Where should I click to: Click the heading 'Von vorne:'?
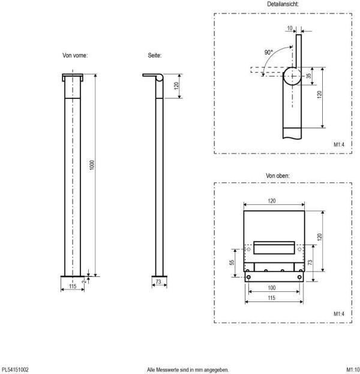coord(76,55)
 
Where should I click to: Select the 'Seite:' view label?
coord(155,55)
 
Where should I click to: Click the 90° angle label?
coord(268,52)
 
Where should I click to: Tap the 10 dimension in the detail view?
coord(290,27)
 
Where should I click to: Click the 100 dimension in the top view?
coord(272,288)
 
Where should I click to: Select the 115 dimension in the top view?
coord(272,298)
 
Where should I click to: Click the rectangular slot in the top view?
coord(274,246)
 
